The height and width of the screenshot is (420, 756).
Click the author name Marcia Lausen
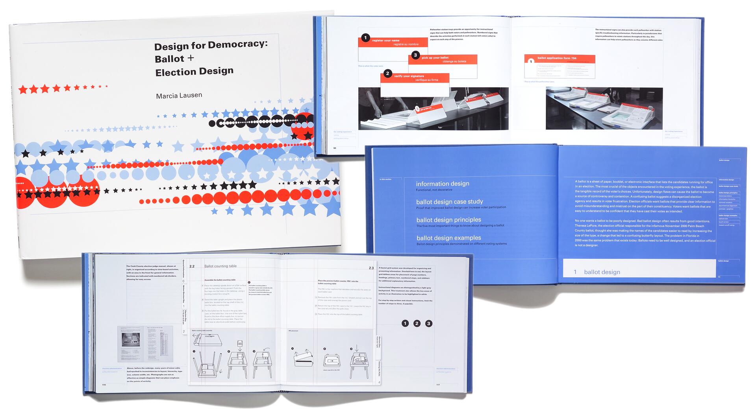(x=179, y=96)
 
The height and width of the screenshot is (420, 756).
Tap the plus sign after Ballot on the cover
(x=191, y=58)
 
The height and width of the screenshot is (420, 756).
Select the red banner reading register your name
(x=393, y=42)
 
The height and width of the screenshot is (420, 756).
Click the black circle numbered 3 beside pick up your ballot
(x=415, y=55)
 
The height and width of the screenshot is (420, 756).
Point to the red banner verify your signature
(x=414, y=78)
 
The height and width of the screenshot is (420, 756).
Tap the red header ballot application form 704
(x=559, y=58)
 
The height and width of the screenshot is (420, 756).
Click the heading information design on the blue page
(x=442, y=184)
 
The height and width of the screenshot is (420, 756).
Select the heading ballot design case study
(x=449, y=202)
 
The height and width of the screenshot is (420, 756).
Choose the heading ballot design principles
(x=448, y=220)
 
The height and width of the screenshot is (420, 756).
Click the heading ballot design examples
(x=448, y=238)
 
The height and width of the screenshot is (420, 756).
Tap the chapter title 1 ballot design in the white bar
(x=597, y=272)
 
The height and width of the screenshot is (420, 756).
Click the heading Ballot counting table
(x=220, y=266)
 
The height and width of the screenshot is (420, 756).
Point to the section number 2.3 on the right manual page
(x=371, y=268)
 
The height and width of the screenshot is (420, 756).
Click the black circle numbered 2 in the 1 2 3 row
(x=417, y=323)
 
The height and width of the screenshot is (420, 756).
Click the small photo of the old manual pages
(x=145, y=343)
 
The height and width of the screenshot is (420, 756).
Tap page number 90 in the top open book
(x=335, y=148)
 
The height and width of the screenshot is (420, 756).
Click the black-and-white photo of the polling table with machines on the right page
(x=604, y=108)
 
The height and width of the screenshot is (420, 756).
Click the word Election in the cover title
(x=173, y=72)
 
